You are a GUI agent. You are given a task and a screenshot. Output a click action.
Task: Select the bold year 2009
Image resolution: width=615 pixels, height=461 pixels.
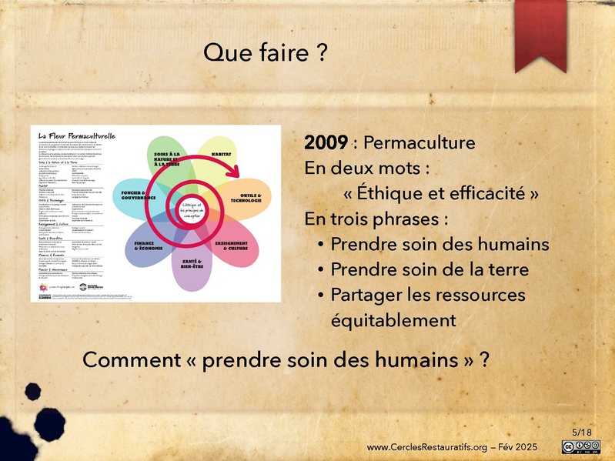[326, 143]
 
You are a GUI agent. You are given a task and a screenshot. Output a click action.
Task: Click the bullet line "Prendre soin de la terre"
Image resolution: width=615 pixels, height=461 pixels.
[439, 269]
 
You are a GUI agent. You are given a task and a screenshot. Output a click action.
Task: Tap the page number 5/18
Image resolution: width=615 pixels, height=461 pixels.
[582, 433]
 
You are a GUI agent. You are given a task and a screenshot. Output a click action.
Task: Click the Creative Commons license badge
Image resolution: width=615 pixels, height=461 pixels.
[582, 447]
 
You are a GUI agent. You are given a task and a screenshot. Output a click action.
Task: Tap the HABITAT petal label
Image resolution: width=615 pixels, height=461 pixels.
[222, 155]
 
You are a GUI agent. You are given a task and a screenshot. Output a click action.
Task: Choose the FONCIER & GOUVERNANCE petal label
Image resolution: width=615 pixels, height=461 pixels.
[138, 194]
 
